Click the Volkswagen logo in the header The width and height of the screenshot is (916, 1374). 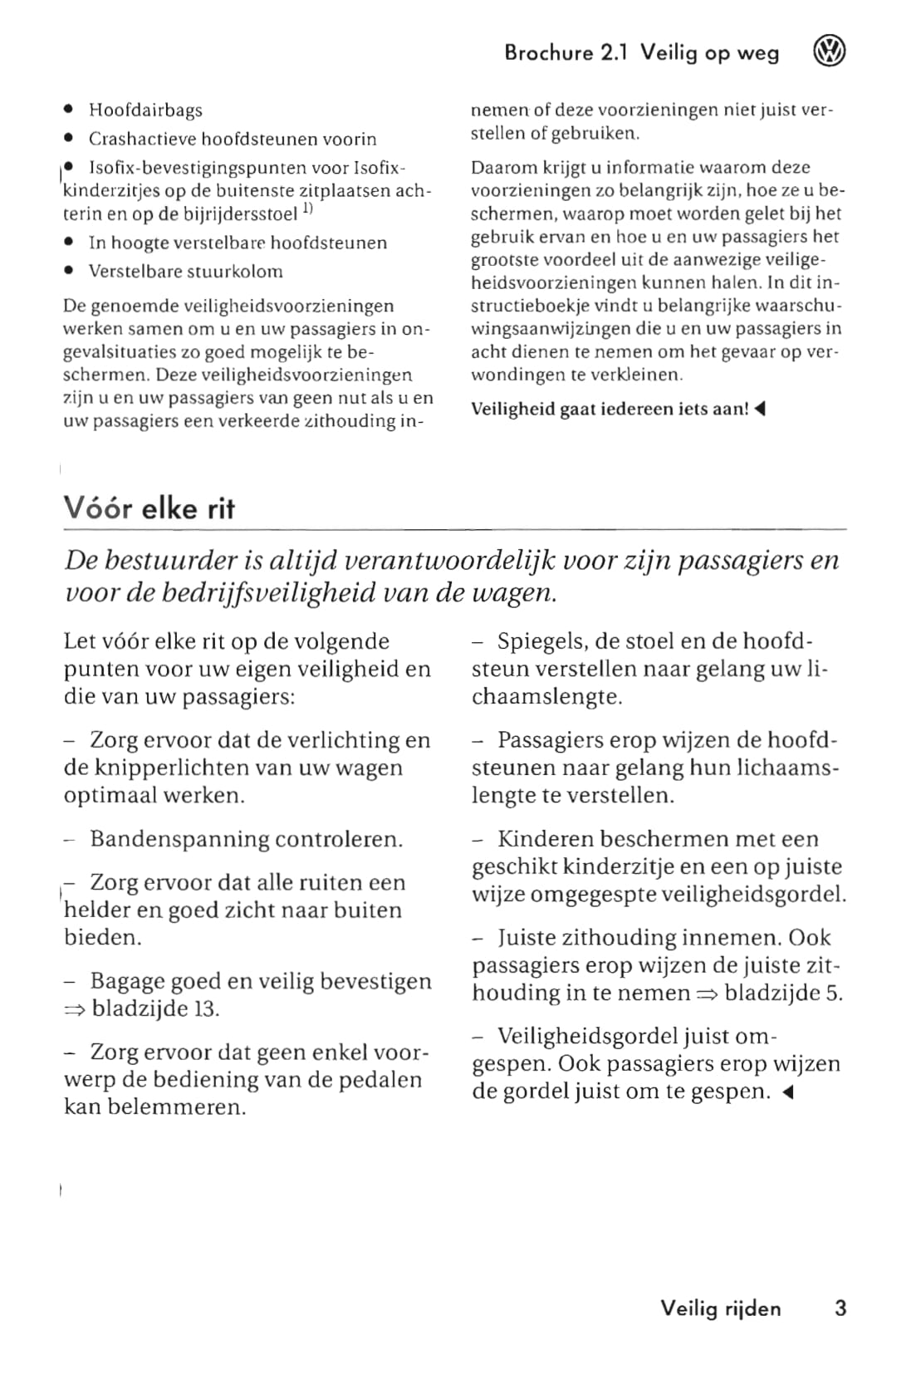828,53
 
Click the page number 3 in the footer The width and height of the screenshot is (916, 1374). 840,1308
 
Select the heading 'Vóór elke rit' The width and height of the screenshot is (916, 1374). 149,508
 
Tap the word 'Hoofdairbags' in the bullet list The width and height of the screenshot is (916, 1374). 145,110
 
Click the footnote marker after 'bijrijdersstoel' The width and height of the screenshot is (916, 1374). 307,210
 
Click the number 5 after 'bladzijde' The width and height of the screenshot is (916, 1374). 834,993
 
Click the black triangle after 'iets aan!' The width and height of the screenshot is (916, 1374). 759,409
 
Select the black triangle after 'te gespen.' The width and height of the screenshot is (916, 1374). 788,1092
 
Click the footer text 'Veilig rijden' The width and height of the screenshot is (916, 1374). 721,1308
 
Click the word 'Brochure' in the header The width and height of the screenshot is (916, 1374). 549,53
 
